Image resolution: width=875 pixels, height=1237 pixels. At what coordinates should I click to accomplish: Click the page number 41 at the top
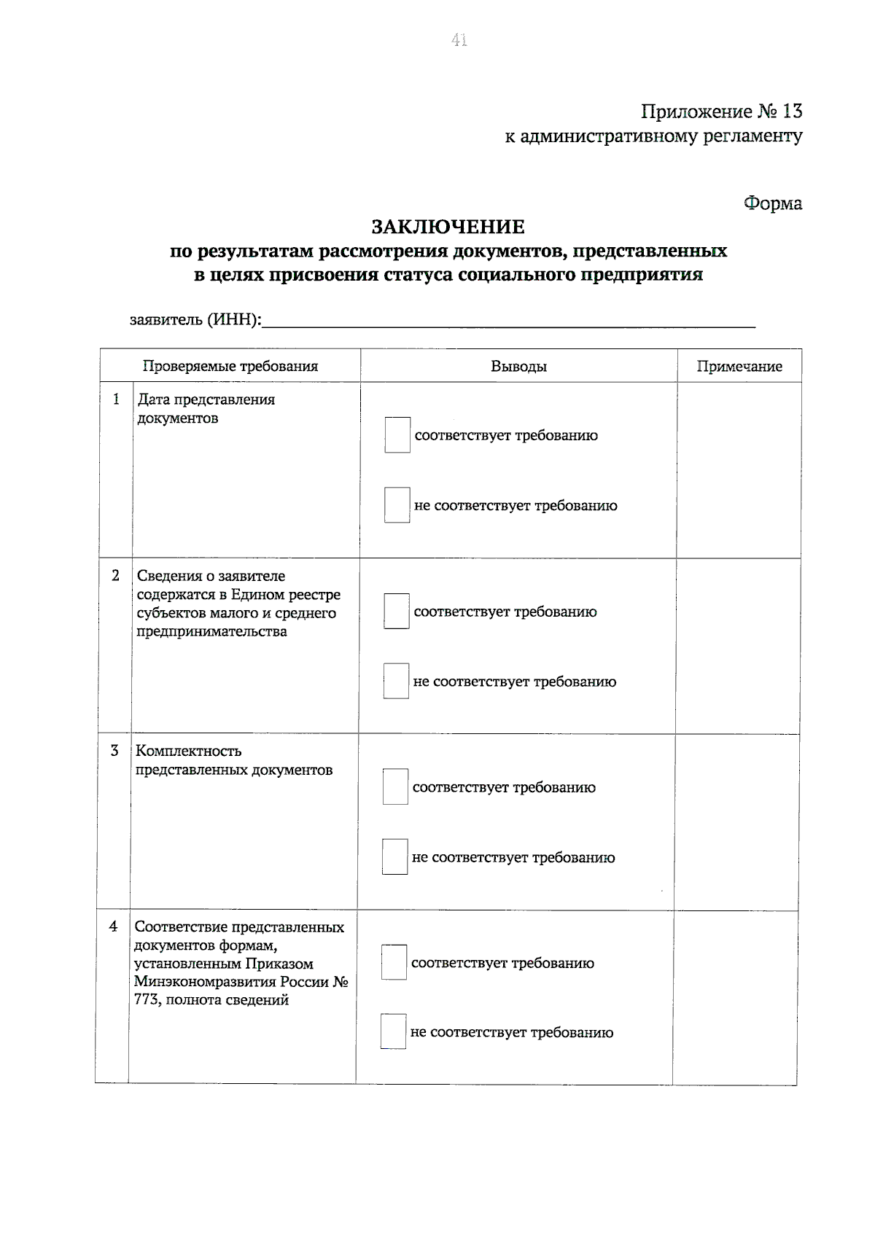[x=459, y=41]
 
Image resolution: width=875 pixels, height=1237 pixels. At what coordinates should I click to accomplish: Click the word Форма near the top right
[x=772, y=203]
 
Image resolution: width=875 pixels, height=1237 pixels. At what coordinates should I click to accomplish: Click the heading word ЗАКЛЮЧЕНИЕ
[x=448, y=227]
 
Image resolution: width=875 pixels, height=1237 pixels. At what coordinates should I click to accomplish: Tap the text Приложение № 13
[x=720, y=112]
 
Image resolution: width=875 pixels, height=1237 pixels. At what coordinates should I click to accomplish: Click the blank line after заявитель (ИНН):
[x=508, y=321]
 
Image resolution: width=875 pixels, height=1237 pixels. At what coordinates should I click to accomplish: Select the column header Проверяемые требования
[x=230, y=366]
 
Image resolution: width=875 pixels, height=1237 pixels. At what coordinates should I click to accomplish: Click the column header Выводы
[x=518, y=367]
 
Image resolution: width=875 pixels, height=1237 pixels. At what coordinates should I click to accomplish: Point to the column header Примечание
[x=739, y=367]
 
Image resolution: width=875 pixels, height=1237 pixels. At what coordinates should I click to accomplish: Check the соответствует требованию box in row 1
[x=397, y=435]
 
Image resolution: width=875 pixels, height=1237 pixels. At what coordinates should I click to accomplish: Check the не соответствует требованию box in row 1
[x=397, y=505]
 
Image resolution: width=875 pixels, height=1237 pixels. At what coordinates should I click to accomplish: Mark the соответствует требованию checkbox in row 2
[x=397, y=612]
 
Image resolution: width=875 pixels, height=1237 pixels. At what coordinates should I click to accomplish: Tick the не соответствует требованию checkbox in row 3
[x=395, y=857]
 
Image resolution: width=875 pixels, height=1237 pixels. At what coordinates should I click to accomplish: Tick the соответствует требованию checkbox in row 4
[x=394, y=963]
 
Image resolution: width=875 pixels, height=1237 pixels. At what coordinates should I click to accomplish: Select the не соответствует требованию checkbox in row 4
[x=393, y=1032]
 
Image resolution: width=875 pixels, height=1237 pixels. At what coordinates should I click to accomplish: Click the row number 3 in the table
[x=114, y=751]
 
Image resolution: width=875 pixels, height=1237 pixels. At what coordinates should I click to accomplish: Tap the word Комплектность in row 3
[x=188, y=751]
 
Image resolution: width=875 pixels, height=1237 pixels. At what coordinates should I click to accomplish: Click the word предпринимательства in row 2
[x=211, y=631]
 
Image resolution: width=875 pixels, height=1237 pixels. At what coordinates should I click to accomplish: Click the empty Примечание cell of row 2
[x=737, y=646]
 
